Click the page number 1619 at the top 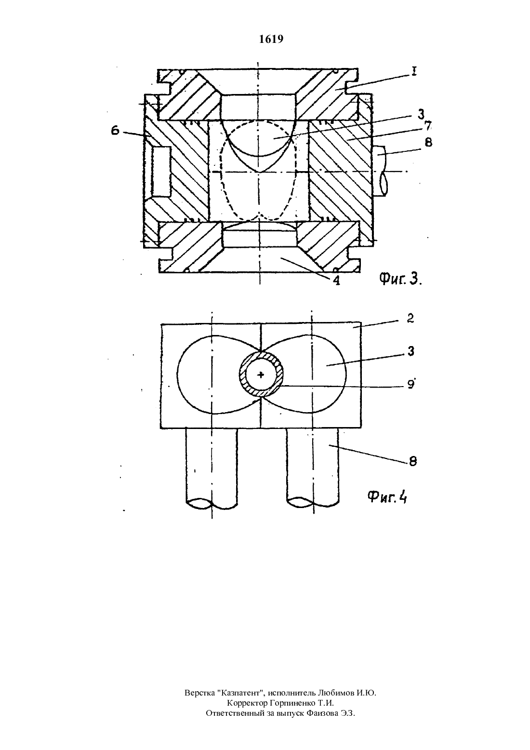click(271, 39)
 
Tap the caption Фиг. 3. click(400, 278)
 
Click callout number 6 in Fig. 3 click(115, 131)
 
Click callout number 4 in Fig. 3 click(336, 280)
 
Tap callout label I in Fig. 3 click(413, 71)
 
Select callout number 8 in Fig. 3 click(428, 143)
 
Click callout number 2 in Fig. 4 click(410, 318)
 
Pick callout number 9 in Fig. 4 click(410, 384)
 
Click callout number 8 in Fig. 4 click(412, 461)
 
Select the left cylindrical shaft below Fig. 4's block click(212, 469)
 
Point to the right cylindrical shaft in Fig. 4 click(313, 469)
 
